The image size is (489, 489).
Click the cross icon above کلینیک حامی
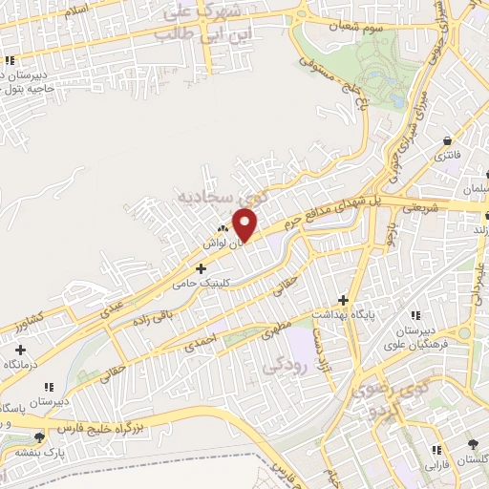200,269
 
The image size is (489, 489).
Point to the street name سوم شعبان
350,28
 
